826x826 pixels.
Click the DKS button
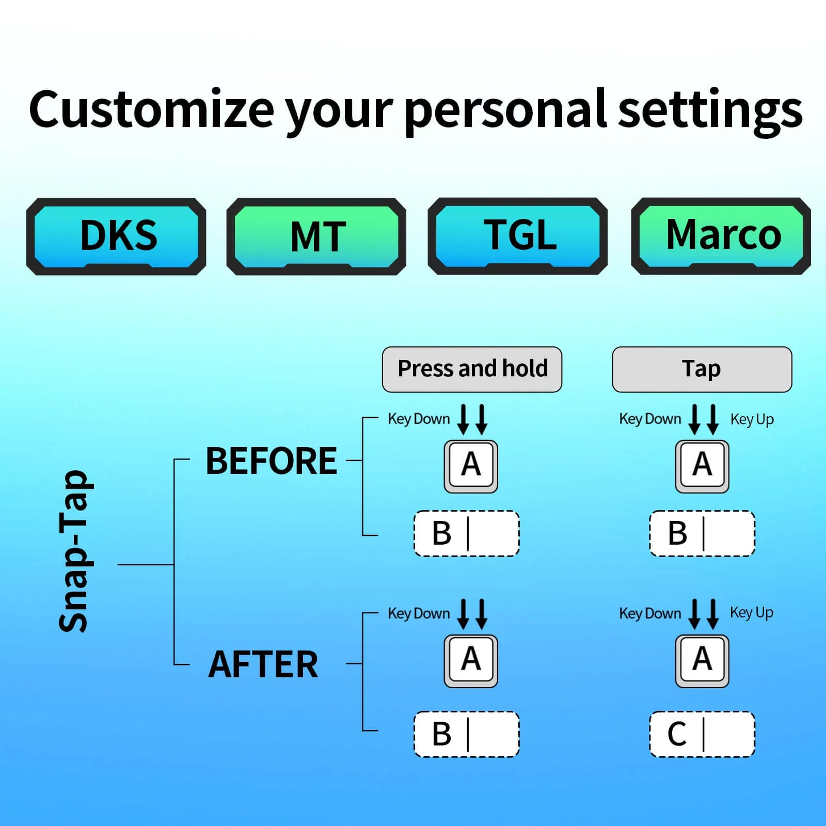[116, 236]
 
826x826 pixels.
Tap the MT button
[316, 236]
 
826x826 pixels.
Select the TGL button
[518, 236]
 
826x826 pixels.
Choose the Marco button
[721, 236]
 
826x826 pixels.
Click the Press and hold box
[472, 370]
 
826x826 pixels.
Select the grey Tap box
[702, 370]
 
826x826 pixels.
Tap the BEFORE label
[272, 460]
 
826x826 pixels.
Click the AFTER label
[263, 664]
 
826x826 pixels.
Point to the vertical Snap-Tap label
[74, 551]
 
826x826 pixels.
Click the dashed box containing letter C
[702, 734]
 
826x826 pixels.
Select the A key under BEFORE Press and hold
[471, 467]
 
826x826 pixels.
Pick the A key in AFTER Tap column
[702, 661]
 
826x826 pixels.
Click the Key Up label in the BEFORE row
[752, 420]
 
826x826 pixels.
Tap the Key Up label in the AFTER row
[752, 613]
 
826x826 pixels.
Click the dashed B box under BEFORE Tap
[702, 533]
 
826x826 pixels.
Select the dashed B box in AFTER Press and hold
[467, 734]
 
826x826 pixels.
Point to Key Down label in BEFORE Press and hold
[419, 419]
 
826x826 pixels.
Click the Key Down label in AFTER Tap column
[650, 613]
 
